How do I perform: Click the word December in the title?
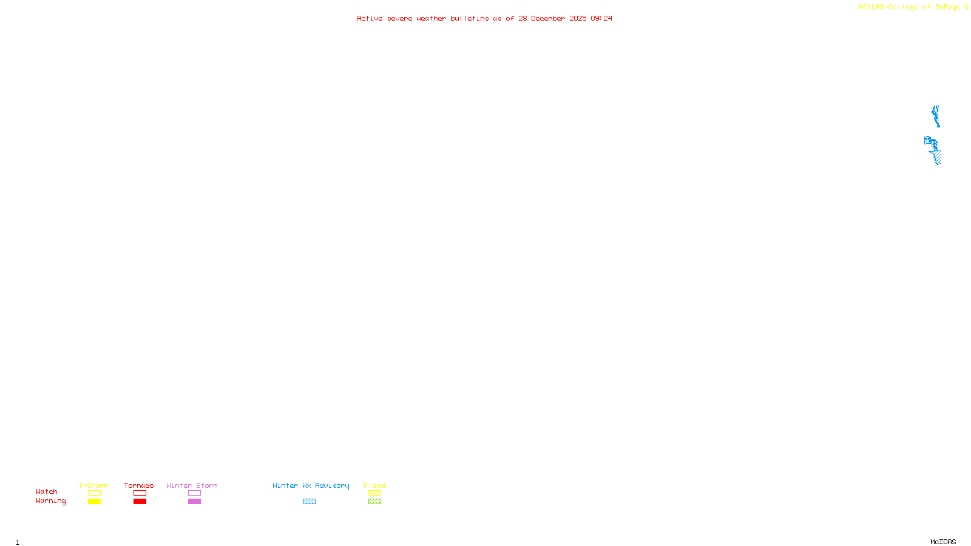(548, 19)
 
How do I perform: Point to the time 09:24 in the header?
(601, 19)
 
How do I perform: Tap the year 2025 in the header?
(578, 19)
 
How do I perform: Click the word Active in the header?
(370, 19)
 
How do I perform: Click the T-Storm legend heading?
(93, 485)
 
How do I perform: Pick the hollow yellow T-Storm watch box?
(94, 493)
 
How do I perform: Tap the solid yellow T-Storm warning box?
(94, 502)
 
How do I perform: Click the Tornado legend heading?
(139, 485)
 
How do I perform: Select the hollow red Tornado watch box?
(140, 493)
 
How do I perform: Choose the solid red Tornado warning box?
(140, 502)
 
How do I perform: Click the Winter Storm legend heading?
(192, 485)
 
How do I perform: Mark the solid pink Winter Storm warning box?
(194, 502)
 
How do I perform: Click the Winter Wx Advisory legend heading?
(311, 485)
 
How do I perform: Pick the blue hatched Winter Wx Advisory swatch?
(310, 502)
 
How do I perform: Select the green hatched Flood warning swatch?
(374, 502)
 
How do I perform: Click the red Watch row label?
(47, 492)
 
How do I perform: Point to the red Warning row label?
(51, 501)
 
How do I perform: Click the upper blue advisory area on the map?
(936, 115)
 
